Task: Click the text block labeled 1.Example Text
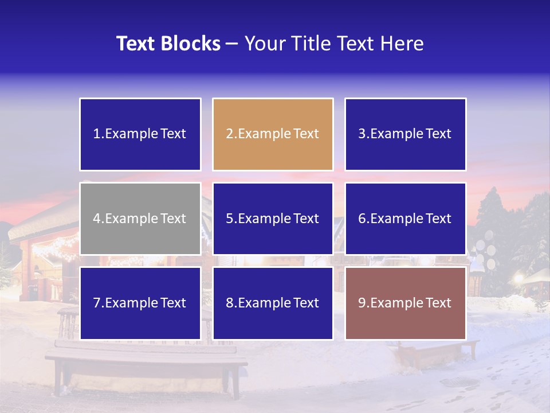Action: pyautogui.click(x=140, y=134)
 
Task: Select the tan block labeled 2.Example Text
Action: pyautogui.click(x=273, y=134)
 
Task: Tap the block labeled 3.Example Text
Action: pyautogui.click(x=405, y=134)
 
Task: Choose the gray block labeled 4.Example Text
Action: pyautogui.click(x=140, y=219)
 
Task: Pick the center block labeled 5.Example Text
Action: pyautogui.click(x=273, y=219)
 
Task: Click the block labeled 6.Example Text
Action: pyautogui.click(x=405, y=219)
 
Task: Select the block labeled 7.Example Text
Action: pyautogui.click(x=140, y=303)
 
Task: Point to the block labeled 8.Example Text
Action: pyautogui.click(x=273, y=303)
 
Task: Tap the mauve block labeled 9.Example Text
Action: pyautogui.click(x=405, y=303)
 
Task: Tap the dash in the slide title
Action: pyautogui.click(x=232, y=44)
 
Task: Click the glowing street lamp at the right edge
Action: pyautogui.click(x=520, y=279)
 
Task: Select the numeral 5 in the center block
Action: pyautogui.click(x=229, y=219)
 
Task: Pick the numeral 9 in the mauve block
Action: pyautogui.click(x=362, y=303)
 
